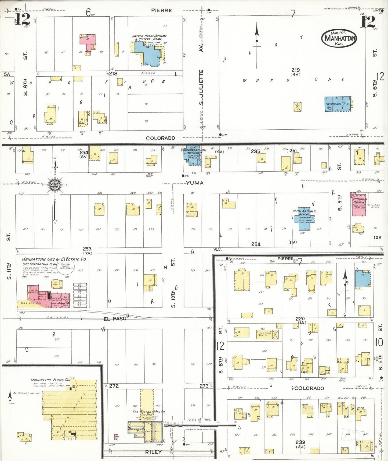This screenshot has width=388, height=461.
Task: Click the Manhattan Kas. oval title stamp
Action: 339,38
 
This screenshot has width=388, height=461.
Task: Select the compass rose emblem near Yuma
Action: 55,185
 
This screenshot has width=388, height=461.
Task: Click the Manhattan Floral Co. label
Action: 50,380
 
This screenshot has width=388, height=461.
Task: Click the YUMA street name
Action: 195,183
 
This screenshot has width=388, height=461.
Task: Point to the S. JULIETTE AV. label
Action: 201,87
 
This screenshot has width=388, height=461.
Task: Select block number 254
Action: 256,244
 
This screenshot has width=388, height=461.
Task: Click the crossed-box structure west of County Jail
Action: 297,107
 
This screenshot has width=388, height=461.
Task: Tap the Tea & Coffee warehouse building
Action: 268,334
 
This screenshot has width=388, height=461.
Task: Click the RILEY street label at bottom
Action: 153,452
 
